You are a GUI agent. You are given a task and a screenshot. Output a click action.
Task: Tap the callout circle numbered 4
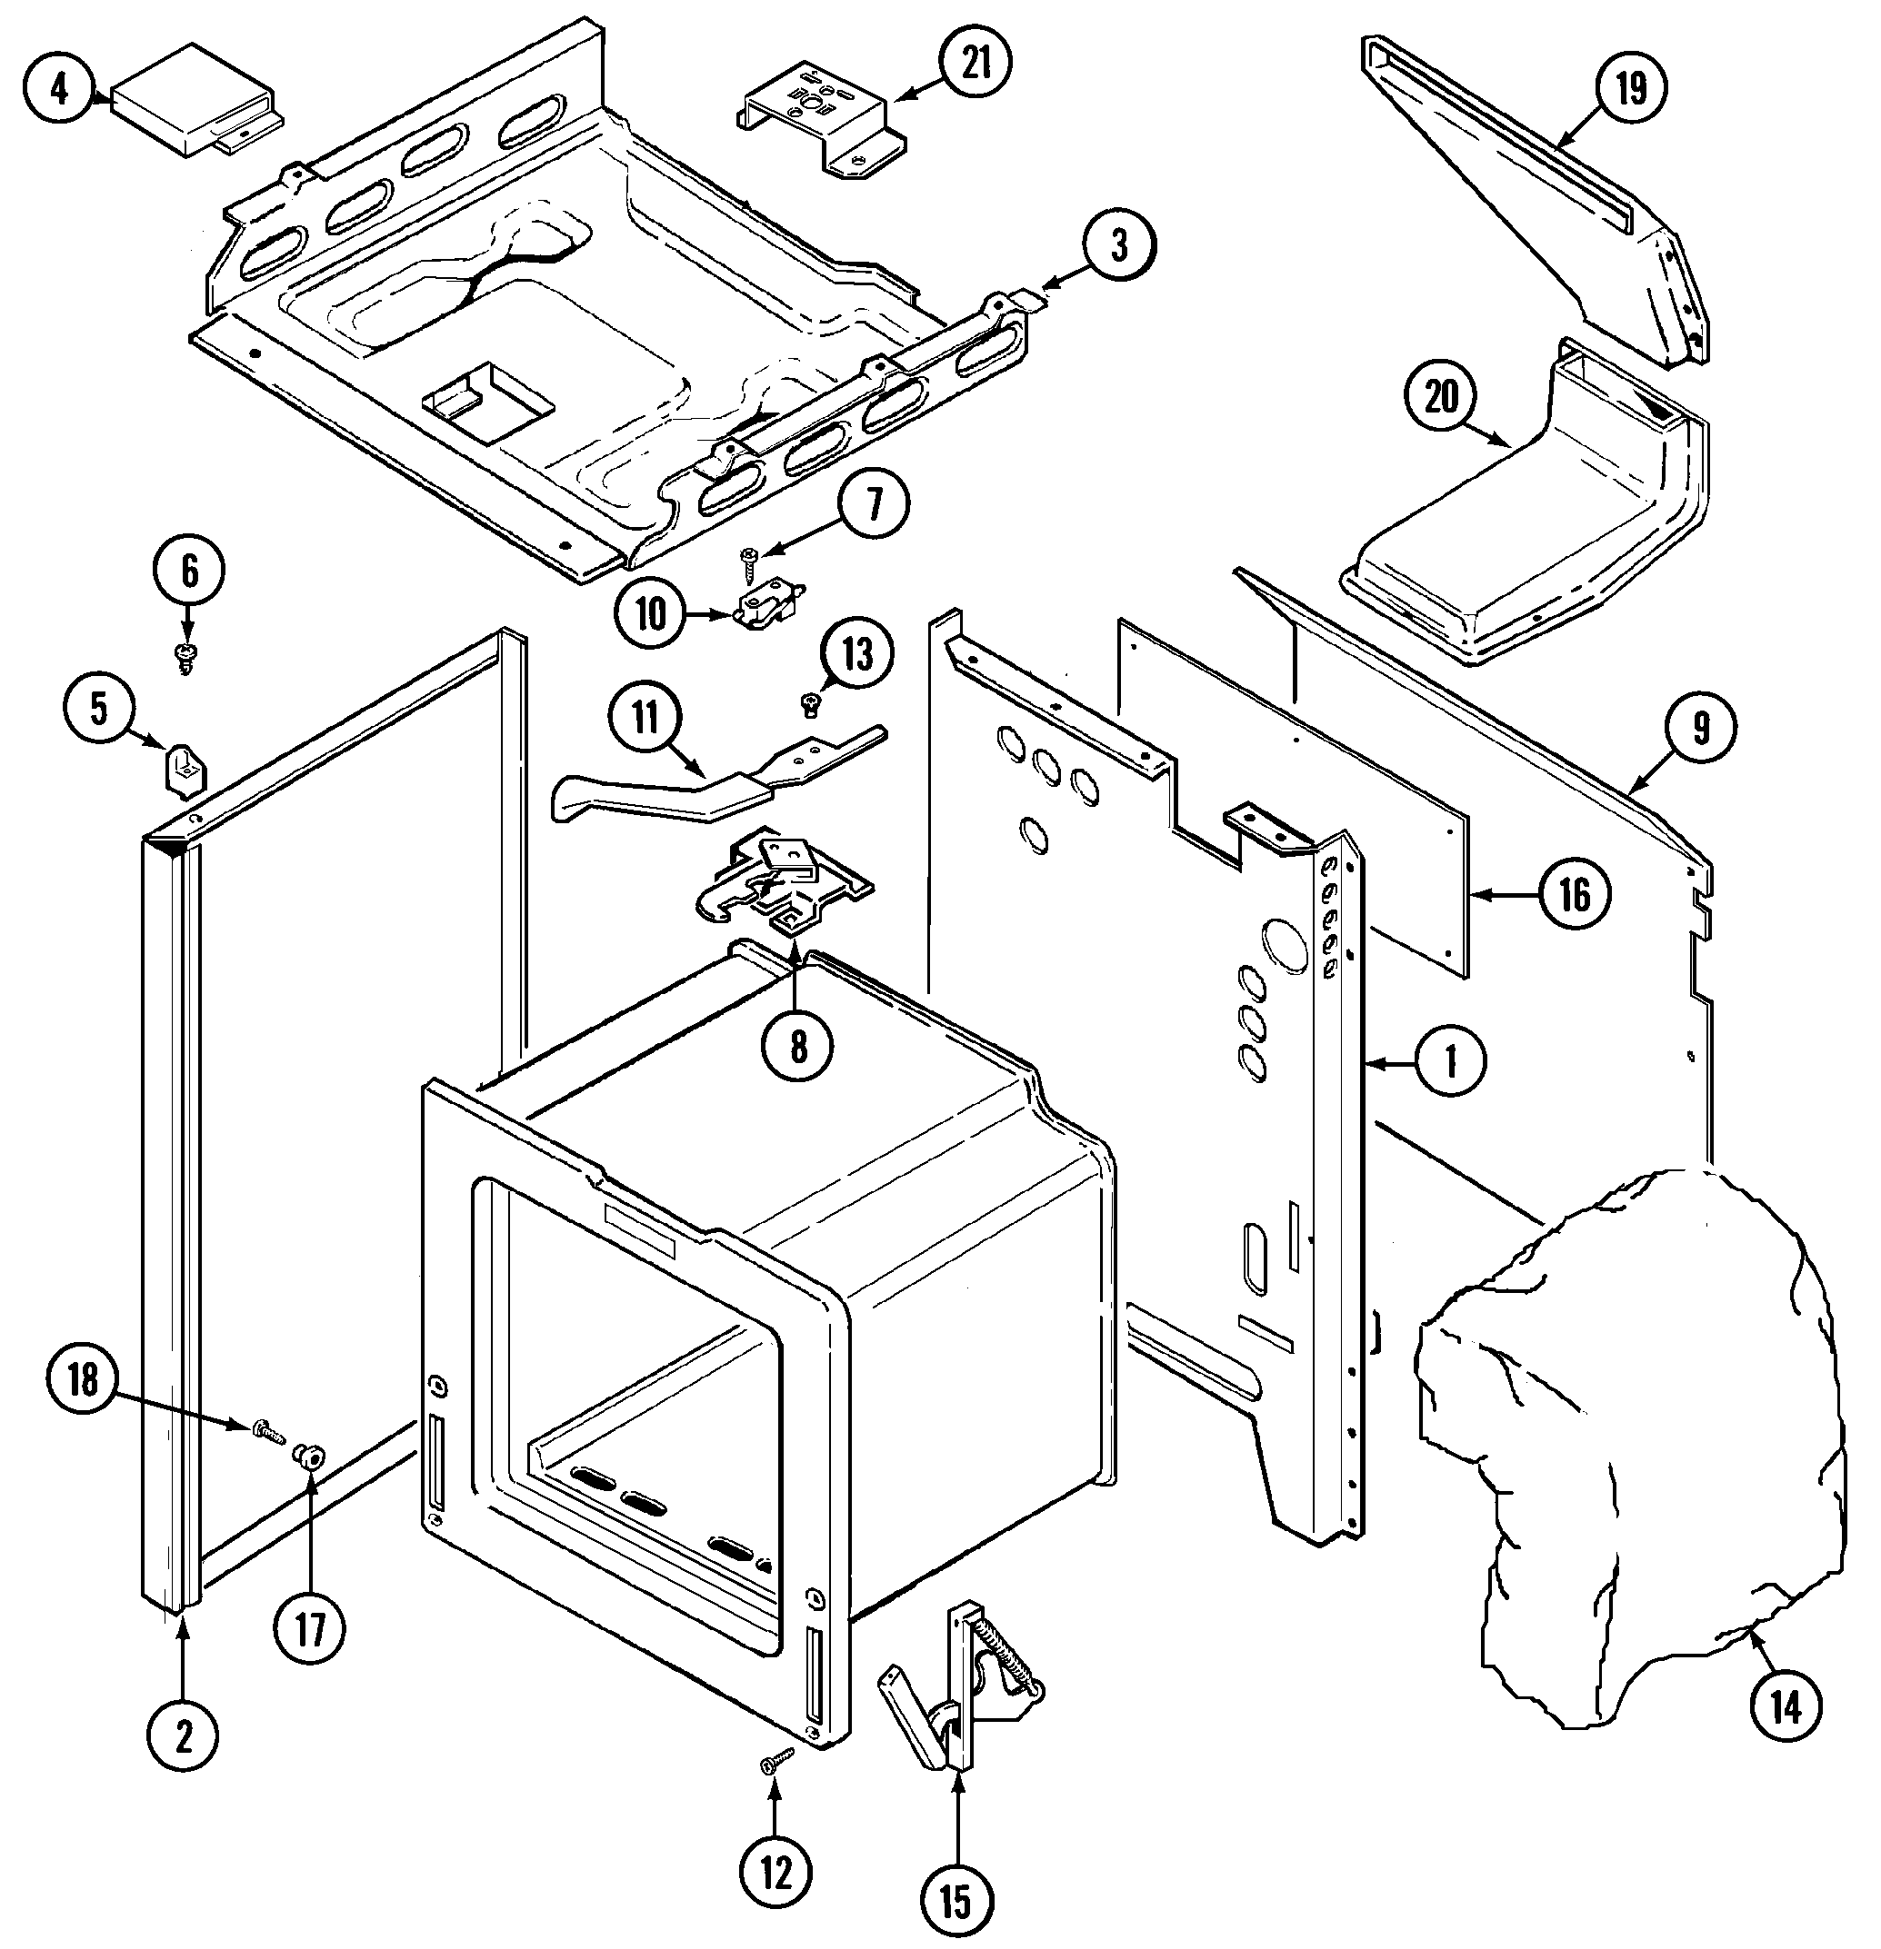pos(59,89)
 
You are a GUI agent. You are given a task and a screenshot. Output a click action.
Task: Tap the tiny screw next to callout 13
pos(809,705)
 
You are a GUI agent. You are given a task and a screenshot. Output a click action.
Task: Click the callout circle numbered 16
pos(1575,895)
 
